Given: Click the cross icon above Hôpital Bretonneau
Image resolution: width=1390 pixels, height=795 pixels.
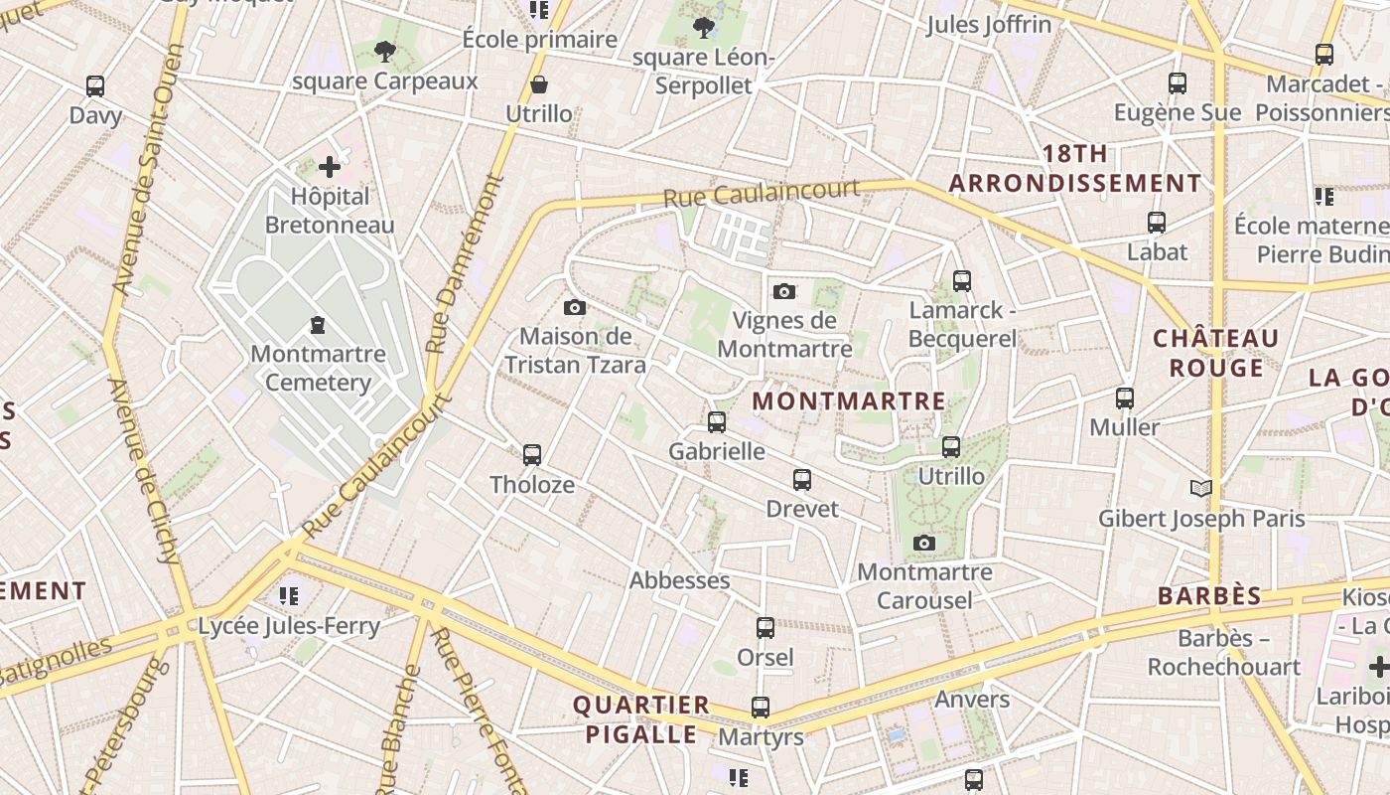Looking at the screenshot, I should click(x=330, y=167).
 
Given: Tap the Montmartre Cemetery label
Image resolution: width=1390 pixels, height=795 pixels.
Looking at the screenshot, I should click(x=318, y=368).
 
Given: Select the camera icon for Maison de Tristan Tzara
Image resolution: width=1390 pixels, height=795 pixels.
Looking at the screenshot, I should click(x=574, y=308).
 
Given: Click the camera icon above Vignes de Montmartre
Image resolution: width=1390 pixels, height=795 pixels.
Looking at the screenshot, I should click(x=784, y=291).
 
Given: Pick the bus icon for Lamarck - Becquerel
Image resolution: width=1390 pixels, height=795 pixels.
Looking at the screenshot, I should click(x=961, y=281).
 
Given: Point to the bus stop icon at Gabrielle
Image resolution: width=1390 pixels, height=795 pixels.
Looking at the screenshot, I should click(x=717, y=422).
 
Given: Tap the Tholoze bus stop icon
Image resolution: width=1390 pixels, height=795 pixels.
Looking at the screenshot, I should click(x=532, y=455).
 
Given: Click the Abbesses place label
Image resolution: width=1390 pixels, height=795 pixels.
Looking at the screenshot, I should click(x=680, y=580).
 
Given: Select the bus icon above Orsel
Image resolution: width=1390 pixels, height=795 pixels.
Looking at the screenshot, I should click(x=764, y=628).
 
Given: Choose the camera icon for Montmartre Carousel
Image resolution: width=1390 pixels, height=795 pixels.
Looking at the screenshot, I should click(x=924, y=543).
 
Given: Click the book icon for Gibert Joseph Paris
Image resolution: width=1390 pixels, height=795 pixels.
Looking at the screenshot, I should click(x=1201, y=488).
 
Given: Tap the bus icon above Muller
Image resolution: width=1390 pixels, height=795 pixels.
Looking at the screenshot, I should click(x=1124, y=398).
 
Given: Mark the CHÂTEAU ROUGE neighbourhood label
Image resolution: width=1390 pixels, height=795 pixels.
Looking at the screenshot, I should click(x=1215, y=353).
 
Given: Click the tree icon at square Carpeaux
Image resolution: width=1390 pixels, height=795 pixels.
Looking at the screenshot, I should click(x=385, y=51).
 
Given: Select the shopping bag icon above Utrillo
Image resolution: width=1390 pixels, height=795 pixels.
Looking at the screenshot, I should click(x=539, y=84).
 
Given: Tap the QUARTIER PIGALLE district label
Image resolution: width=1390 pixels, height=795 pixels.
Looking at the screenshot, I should click(x=640, y=719).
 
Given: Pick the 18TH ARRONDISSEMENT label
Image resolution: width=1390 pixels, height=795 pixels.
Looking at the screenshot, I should click(x=1075, y=169).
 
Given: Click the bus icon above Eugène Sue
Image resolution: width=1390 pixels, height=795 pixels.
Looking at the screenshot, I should click(x=1178, y=83).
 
